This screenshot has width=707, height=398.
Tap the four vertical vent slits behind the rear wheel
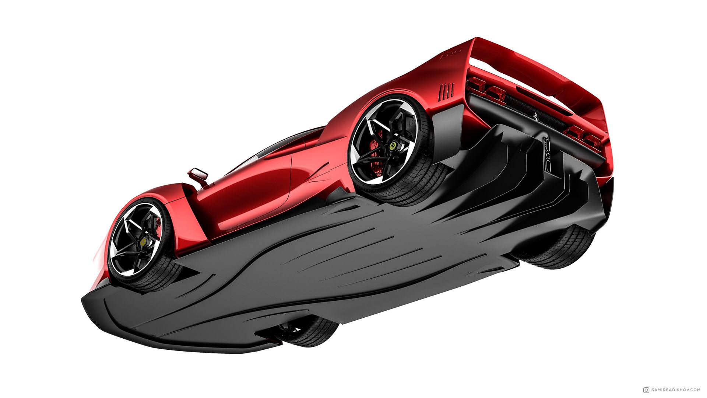(447, 90)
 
